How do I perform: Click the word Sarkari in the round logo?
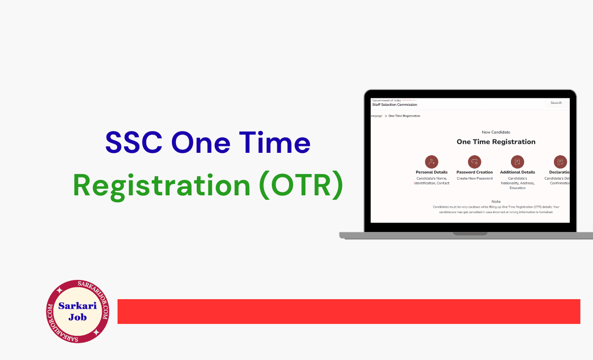point(78,306)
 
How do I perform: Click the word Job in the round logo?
point(78,317)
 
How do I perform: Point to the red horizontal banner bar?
point(348,311)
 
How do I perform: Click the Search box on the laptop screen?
point(556,103)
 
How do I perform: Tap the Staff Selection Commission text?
point(394,105)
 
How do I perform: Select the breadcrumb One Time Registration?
point(404,116)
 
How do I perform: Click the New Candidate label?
point(496,132)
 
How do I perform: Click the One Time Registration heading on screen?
point(496,142)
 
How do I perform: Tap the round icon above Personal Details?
point(431,162)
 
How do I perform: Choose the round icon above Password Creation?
point(474,162)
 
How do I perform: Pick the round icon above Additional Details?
point(517,162)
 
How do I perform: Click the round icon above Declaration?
point(560,162)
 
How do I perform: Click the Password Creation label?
point(474,173)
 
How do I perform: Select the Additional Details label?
point(517,173)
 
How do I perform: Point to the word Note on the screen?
point(496,202)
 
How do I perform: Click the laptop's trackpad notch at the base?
point(470,233)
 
